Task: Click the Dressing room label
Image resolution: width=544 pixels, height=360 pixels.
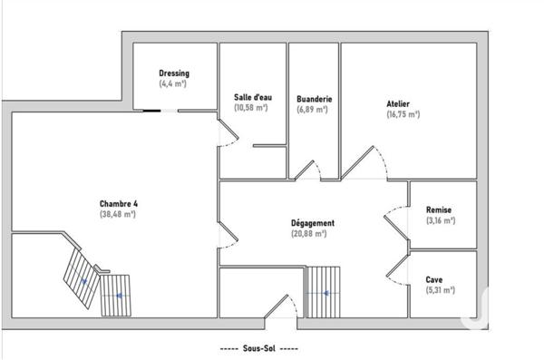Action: click(x=173, y=73)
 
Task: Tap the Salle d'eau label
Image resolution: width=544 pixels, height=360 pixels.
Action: click(x=251, y=97)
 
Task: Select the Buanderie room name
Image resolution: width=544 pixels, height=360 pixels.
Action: click(x=313, y=99)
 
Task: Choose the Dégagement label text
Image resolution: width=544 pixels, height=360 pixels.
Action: click(x=312, y=222)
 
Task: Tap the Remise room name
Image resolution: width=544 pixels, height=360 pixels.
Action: click(x=438, y=210)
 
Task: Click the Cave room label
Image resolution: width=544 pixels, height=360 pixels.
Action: click(x=434, y=280)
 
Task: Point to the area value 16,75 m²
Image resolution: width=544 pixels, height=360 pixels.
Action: click(x=403, y=115)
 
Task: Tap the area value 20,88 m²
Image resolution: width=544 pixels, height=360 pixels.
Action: click(x=309, y=233)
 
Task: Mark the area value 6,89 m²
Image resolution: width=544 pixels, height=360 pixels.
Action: click(x=312, y=109)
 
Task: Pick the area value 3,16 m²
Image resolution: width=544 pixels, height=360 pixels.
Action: click(x=439, y=220)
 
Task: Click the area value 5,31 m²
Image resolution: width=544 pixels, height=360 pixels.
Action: click(x=440, y=290)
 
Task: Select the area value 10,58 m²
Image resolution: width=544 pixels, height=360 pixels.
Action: click(x=250, y=108)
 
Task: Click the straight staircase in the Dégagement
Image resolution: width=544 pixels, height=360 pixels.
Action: click(x=323, y=291)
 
